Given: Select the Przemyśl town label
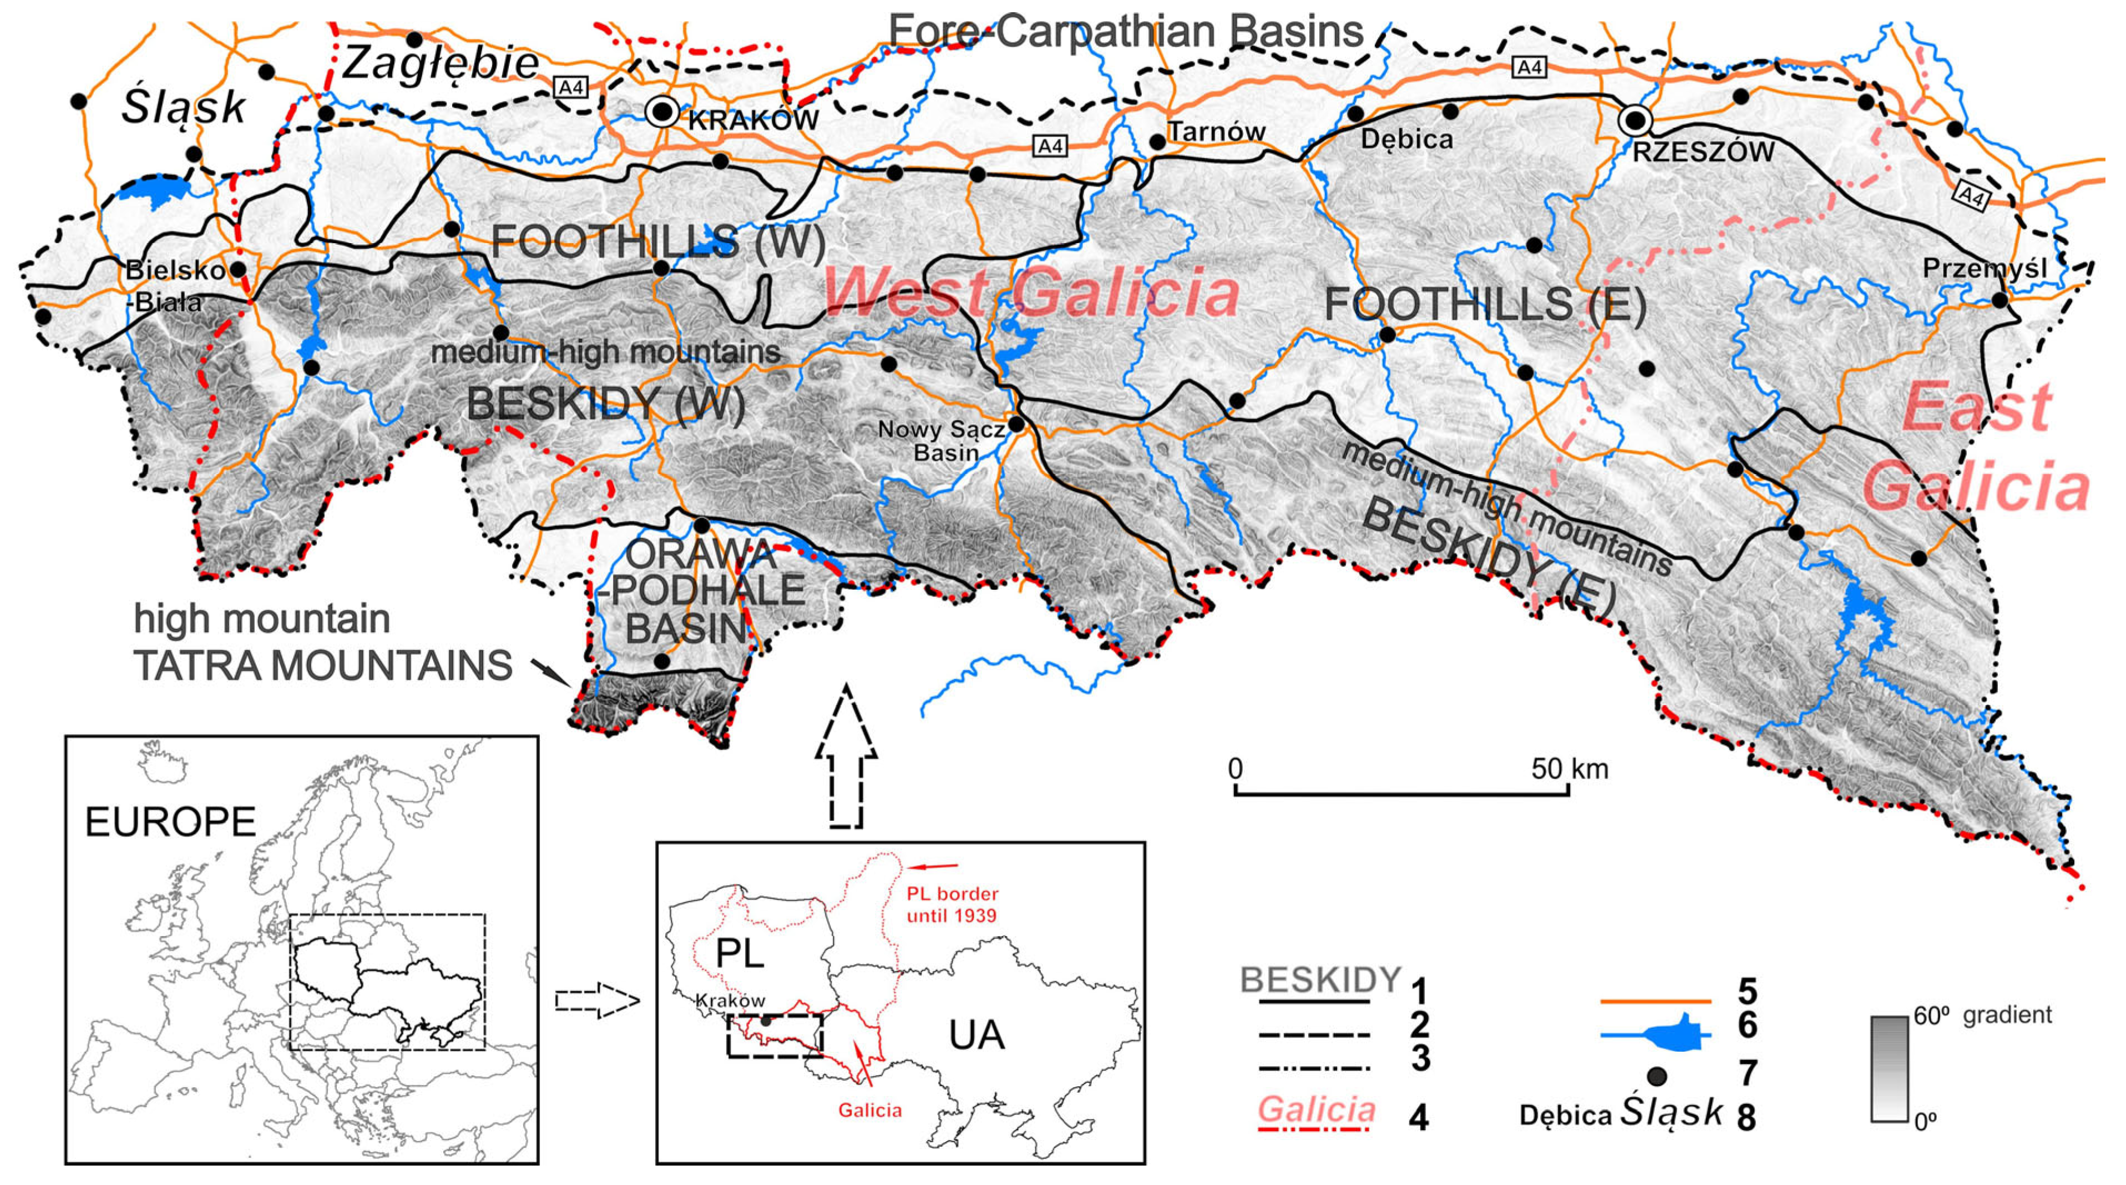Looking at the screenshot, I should (x=1984, y=268).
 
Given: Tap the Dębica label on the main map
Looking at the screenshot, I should (x=1406, y=139).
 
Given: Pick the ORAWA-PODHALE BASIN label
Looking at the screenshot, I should (x=701, y=590).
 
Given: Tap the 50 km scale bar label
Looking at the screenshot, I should (x=1569, y=769).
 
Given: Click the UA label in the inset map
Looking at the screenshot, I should (x=976, y=1035).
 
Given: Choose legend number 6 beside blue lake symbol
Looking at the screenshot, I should (x=1747, y=1025).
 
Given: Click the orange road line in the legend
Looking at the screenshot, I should (x=1655, y=1001).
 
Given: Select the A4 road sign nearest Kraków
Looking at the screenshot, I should (x=571, y=87).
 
